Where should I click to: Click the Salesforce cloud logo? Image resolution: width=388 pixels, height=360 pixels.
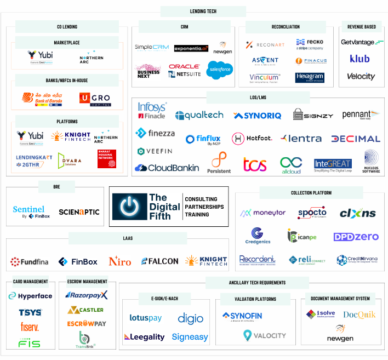pyautogui.click(x=220, y=70)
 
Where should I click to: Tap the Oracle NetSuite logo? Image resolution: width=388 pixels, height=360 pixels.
pyautogui.click(x=184, y=70)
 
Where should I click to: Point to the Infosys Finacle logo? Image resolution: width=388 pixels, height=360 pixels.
pyautogui.click(x=152, y=111)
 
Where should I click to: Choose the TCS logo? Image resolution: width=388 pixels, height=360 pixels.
pyautogui.click(x=255, y=164)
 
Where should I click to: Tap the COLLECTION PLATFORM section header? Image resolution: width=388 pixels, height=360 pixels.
pyautogui.click(x=311, y=192)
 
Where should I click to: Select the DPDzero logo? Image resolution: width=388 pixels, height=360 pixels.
pyautogui.click(x=356, y=237)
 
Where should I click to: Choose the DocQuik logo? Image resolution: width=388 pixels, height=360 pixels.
pyautogui.click(x=358, y=315)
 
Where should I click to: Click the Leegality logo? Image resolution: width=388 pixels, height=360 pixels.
pyautogui.click(x=144, y=337)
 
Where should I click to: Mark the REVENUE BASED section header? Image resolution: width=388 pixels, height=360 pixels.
pyautogui.click(x=362, y=26)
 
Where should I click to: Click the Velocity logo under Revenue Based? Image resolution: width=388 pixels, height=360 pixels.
pyautogui.click(x=361, y=77)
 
